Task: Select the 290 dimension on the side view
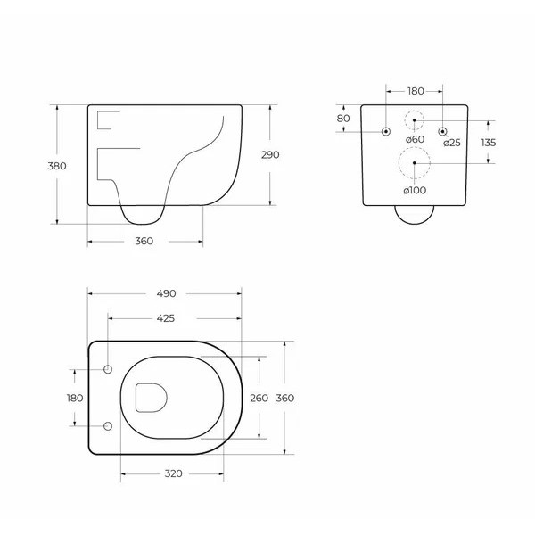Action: (x=270, y=154)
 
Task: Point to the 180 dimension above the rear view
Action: (x=415, y=91)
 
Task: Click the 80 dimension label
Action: (x=343, y=119)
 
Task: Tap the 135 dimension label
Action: (x=489, y=143)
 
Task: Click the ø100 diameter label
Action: (x=415, y=189)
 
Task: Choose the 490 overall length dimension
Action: (x=166, y=293)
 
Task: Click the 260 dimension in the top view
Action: (x=259, y=398)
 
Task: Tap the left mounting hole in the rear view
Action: (x=385, y=132)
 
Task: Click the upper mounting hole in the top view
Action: (x=108, y=370)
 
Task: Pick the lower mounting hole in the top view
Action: (x=108, y=425)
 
